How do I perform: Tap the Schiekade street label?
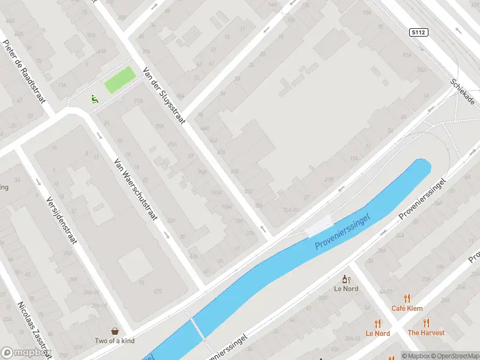466,91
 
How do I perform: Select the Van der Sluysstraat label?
164,95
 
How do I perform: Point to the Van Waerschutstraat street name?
136,189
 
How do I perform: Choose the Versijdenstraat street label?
62,220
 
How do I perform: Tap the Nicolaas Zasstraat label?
31,331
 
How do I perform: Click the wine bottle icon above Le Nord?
346,279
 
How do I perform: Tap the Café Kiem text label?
407,308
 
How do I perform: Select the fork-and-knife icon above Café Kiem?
407,298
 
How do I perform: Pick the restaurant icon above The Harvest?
426,323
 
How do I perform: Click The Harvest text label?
426,332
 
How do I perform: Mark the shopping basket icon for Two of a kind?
115,331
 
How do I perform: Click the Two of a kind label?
115,341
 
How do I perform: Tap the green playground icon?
94,99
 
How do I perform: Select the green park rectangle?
120,80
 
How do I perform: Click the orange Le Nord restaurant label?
377,334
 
